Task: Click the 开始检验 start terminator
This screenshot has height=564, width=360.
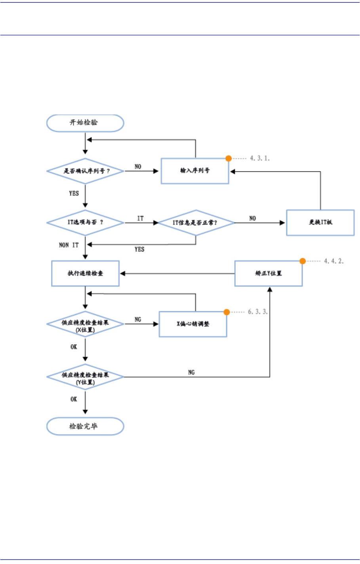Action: click(x=85, y=123)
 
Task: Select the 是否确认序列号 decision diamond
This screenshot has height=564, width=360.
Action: click(x=85, y=171)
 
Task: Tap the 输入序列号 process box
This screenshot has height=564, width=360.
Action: click(x=195, y=171)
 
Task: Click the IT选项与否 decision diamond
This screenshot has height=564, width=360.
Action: click(x=85, y=223)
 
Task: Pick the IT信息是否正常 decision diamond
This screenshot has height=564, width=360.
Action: click(x=196, y=223)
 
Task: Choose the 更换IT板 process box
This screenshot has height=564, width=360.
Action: click(x=320, y=223)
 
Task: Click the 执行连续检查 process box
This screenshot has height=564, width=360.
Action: click(x=85, y=273)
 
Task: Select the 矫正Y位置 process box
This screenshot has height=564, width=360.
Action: click(x=269, y=273)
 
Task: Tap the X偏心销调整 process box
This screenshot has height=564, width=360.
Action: click(x=193, y=324)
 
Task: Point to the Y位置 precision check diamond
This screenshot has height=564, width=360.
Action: click(x=85, y=377)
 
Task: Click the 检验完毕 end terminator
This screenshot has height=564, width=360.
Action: click(x=85, y=427)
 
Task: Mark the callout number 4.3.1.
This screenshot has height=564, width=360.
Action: click(x=259, y=158)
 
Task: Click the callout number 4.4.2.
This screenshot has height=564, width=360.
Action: click(x=333, y=261)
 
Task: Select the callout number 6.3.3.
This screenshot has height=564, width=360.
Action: click(x=258, y=312)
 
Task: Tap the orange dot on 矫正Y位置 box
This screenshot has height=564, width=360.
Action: click(x=303, y=261)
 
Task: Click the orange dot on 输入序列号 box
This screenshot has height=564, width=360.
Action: click(x=229, y=158)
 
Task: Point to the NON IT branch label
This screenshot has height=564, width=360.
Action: click(x=69, y=245)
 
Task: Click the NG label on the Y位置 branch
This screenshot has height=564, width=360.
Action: click(x=191, y=372)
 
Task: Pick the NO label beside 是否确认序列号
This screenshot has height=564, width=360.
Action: click(x=138, y=166)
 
